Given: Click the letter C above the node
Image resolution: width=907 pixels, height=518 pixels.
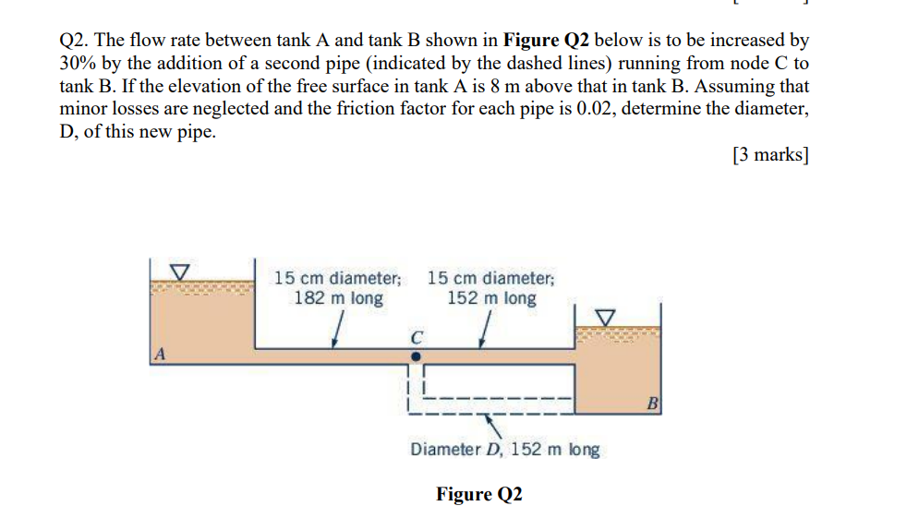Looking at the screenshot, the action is [x=417, y=336].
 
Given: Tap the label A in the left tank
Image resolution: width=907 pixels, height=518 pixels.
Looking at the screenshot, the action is [x=161, y=353].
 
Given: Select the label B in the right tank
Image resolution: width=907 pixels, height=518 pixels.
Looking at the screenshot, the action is [x=652, y=403].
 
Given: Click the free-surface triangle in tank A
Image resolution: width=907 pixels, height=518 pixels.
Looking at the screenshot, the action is [x=181, y=272].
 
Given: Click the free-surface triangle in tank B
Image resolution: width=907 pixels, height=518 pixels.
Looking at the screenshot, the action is [x=605, y=317].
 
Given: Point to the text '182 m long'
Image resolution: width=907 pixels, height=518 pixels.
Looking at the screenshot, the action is [x=338, y=298].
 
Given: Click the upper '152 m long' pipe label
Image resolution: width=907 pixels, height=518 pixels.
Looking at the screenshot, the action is [x=491, y=298].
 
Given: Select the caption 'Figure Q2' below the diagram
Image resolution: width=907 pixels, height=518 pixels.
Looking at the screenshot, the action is [x=479, y=494].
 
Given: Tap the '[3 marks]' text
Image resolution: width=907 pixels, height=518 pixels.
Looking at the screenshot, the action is [x=770, y=155].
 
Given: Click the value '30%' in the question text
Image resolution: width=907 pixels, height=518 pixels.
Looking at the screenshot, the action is [x=77, y=64].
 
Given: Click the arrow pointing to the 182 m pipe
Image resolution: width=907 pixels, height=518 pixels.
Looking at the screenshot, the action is [x=339, y=330].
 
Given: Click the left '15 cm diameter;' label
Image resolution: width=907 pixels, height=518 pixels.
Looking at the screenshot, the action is [x=338, y=278].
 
